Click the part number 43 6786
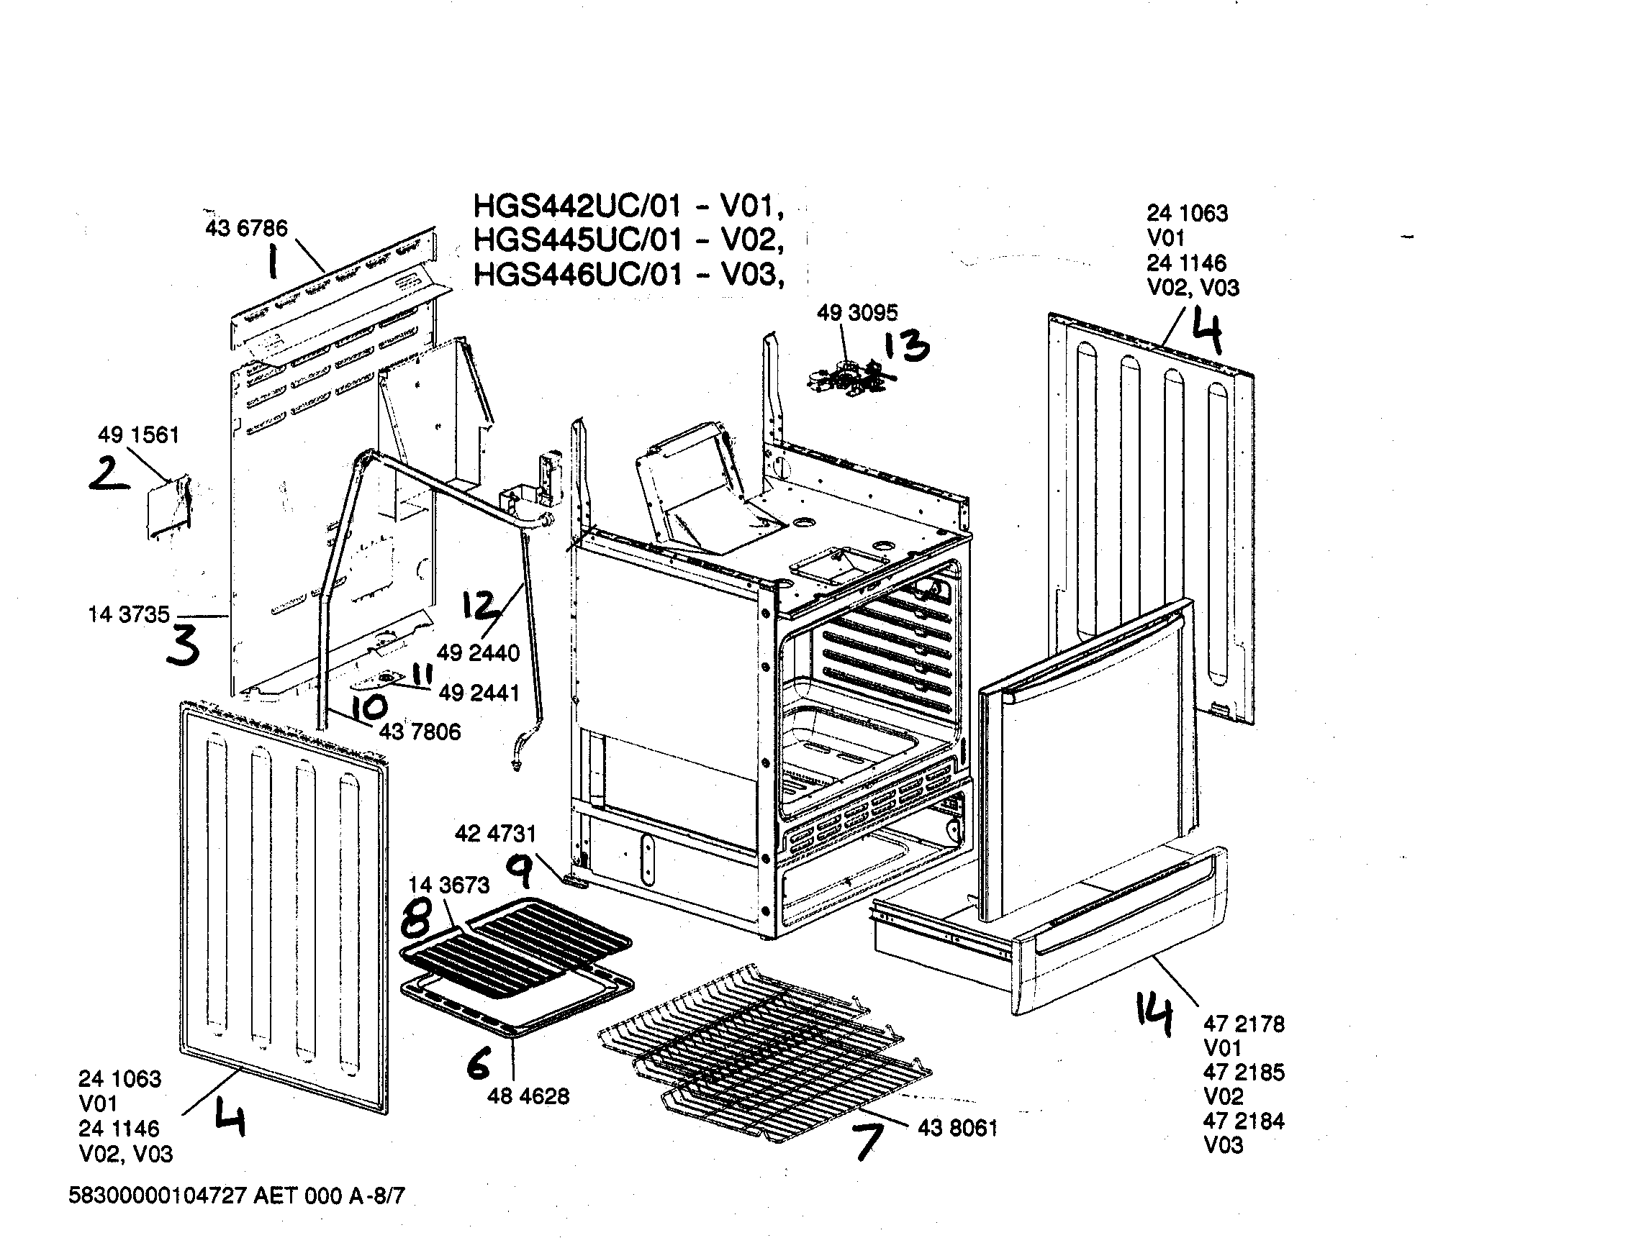pos(245,228)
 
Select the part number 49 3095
pos(857,313)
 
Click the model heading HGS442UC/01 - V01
pos(628,206)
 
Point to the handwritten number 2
pos(108,475)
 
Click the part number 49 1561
pos(139,434)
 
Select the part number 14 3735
pos(128,614)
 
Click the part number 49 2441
pos(479,693)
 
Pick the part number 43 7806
pos(420,732)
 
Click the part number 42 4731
pos(495,834)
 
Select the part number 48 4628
pos(528,1096)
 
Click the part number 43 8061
pos(957,1128)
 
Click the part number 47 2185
pos(1244,1073)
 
